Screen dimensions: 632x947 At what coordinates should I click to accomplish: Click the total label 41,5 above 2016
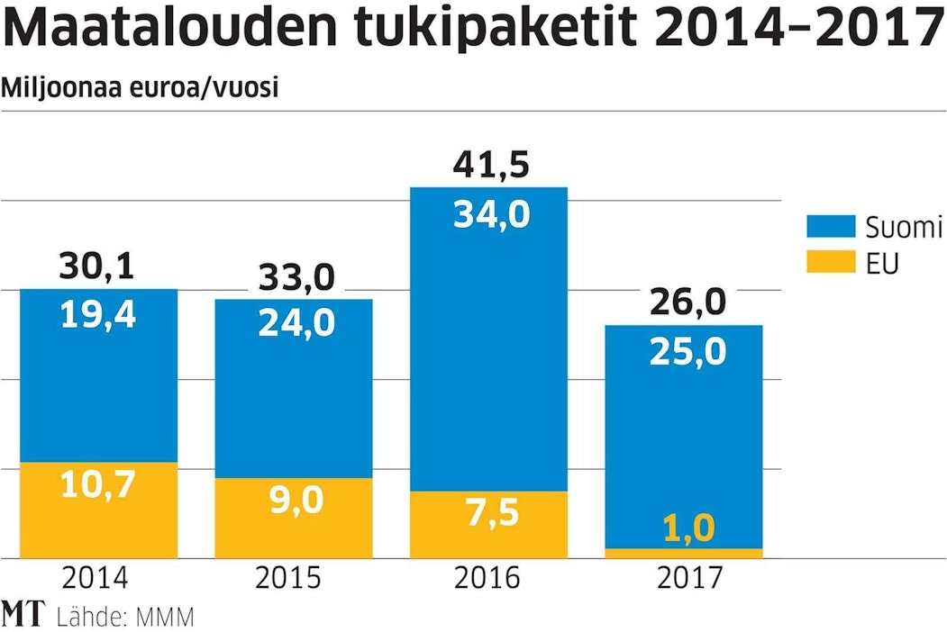tap(489, 166)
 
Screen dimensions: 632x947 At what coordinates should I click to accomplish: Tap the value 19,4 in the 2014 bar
tap(98, 314)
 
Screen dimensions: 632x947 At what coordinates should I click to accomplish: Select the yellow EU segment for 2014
tap(98, 510)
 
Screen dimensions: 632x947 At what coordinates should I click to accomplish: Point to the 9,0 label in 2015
tap(294, 500)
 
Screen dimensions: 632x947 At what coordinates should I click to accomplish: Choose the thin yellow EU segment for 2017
tap(684, 553)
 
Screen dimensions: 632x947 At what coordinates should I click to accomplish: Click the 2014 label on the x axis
tap(98, 578)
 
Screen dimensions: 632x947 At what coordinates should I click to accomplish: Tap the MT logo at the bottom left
tap(23, 614)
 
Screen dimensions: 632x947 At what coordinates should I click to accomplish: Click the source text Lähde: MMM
tap(124, 617)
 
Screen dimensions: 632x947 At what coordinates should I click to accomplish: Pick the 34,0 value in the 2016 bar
tap(489, 214)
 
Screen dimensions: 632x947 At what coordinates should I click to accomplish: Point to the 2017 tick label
tap(684, 578)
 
